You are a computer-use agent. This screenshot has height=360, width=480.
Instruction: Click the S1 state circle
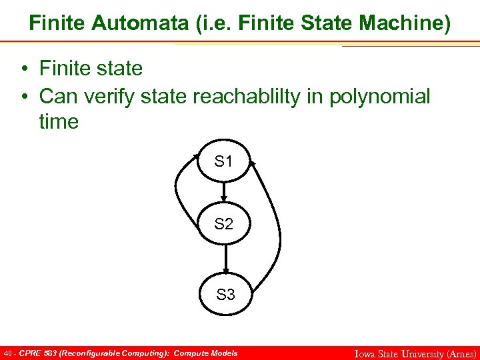(x=225, y=161)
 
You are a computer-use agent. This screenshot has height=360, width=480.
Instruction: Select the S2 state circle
(x=225, y=225)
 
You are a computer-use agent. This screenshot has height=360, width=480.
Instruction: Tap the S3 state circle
(x=226, y=293)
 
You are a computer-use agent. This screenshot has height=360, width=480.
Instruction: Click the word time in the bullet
(x=59, y=122)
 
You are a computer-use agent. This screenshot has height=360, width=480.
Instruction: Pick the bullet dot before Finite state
(x=24, y=69)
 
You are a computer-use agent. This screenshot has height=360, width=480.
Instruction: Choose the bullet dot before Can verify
(x=24, y=97)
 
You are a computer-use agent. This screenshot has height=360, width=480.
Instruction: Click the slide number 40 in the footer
(x=7, y=353)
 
